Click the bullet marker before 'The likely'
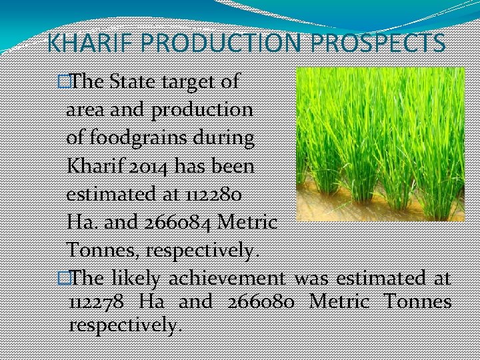(x=63, y=277)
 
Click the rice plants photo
(x=379, y=143)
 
